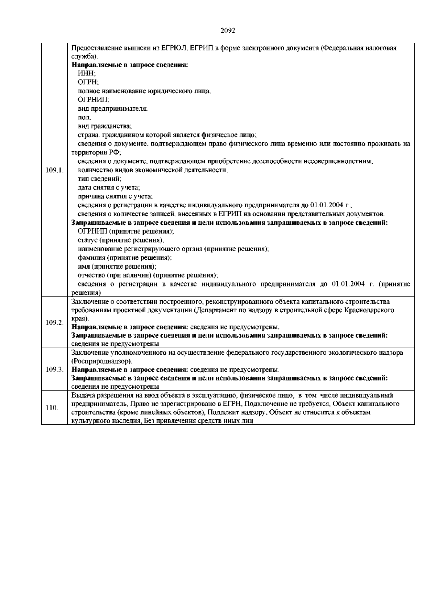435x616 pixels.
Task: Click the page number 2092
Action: (x=228, y=30)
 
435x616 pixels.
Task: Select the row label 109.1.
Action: (x=55, y=170)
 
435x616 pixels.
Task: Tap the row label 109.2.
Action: (x=55, y=323)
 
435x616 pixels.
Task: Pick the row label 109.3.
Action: (x=55, y=370)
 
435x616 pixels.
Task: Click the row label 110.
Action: (x=52, y=408)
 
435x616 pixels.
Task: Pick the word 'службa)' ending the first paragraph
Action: (x=84, y=57)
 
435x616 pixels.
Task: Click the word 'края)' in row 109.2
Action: (x=80, y=318)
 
